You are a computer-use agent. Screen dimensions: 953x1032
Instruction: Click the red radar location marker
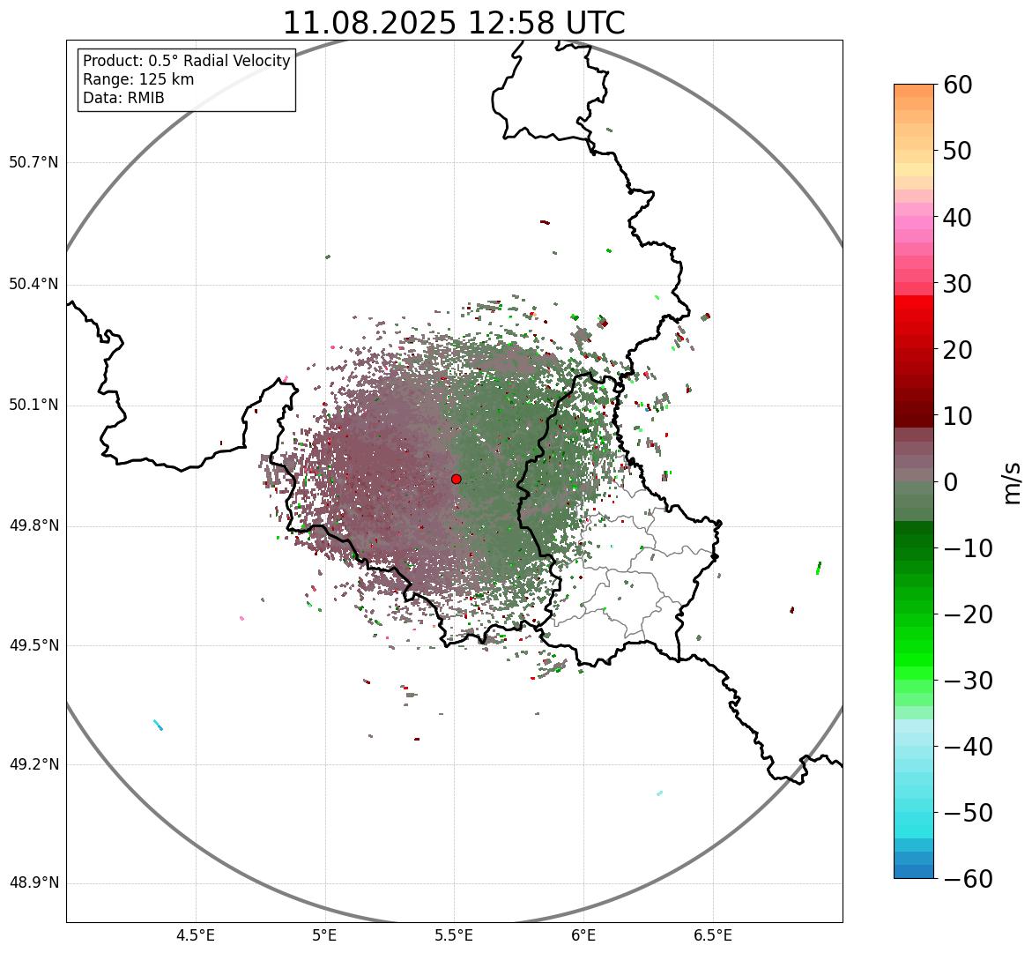click(456, 479)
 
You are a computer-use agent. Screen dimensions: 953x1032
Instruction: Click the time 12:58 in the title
click(521, 23)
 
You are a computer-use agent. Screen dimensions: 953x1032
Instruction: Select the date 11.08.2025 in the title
click(369, 23)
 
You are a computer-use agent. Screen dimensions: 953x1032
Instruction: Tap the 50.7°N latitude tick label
click(33, 163)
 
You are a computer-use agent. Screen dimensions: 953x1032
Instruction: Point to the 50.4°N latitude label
click(33, 285)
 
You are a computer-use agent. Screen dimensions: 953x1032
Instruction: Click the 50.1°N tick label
click(33, 406)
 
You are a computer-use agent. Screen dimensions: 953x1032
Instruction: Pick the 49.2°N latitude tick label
click(33, 764)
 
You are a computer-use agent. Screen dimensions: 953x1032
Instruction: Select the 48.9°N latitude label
click(33, 883)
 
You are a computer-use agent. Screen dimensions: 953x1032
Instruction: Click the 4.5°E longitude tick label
click(196, 934)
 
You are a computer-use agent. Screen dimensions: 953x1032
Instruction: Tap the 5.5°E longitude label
click(454, 934)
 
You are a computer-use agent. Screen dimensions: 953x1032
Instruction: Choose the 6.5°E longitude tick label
click(712, 934)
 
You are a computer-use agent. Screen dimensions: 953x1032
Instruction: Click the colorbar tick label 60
click(957, 85)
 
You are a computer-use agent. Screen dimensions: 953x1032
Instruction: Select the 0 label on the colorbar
click(951, 482)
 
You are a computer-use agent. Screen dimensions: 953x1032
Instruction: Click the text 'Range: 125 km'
click(138, 79)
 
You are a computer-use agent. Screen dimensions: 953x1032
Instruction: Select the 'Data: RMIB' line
click(123, 98)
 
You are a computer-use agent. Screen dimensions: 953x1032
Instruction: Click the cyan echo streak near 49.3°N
click(158, 726)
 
